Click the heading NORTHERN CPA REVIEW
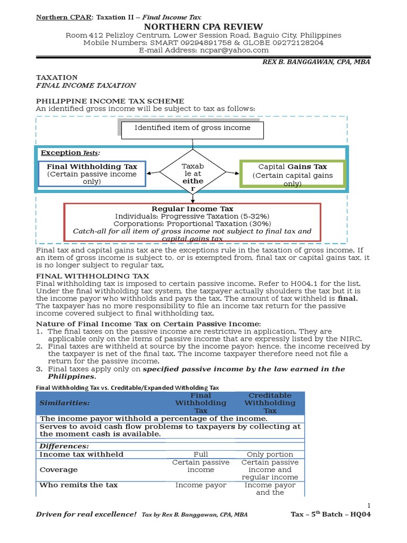click(x=203, y=27)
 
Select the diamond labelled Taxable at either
click(x=192, y=172)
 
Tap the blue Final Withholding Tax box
click(x=92, y=173)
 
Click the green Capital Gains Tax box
click(x=292, y=173)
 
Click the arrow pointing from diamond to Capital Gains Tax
click(x=233, y=172)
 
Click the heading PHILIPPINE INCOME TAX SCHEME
click(x=110, y=101)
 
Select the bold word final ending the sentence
click(x=348, y=298)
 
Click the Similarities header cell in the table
click(x=64, y=403)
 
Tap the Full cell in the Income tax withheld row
click(x=201, y=454)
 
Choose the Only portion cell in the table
click(x=270, y=454)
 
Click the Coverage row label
click(x=58, y=470)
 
